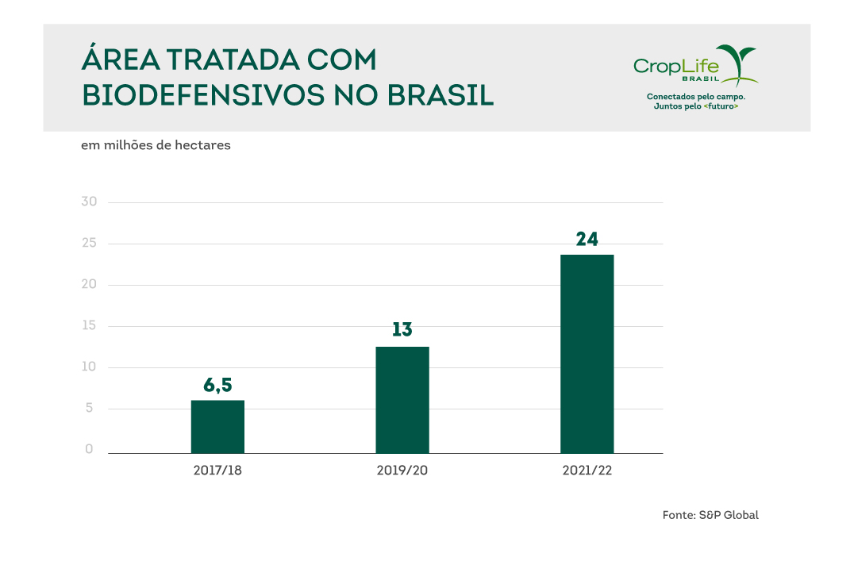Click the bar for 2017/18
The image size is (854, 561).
tap(217, 426)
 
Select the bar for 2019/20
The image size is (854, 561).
tap(402, 399)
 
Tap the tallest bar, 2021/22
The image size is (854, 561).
tap(587, 353)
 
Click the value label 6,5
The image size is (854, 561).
tap(217, 386)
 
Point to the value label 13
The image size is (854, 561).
tap(402, 330)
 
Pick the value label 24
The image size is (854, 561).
tap(587, 239)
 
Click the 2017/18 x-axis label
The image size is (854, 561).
tap(217, 471)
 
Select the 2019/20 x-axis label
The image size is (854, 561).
tap(402, 471)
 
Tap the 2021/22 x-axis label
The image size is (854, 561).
tap(587, 471)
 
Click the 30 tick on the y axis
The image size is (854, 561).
tap(89, 202)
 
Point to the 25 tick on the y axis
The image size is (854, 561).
tap(89, 243)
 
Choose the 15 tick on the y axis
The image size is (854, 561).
tap(89, 325)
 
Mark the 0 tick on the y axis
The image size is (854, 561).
tap(90, 449)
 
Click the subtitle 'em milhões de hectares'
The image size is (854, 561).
tap(156, 146)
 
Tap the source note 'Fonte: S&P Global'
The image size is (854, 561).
tap(710, 515)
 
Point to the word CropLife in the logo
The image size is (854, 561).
tap(675, 65)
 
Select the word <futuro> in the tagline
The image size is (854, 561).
tap(721, 106)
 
